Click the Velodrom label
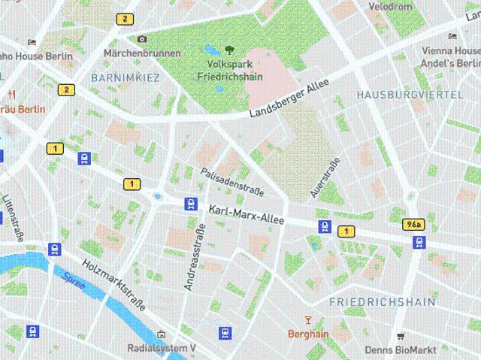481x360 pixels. [390, 6]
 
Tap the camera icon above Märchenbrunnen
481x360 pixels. [142, 39]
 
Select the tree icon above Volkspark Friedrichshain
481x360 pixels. [229, 50]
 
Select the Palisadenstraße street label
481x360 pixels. [232, 179]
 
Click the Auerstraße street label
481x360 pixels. [325, 178]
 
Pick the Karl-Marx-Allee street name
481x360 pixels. [246, 216]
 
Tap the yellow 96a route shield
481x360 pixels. [413, 225]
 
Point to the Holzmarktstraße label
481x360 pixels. [114, 286]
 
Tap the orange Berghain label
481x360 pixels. [308, 334]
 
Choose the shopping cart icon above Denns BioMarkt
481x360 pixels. [401, 336]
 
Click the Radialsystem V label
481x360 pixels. [162, 348]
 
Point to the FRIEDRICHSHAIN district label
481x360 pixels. [382, 302]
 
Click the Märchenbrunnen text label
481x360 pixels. [142, 53]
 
